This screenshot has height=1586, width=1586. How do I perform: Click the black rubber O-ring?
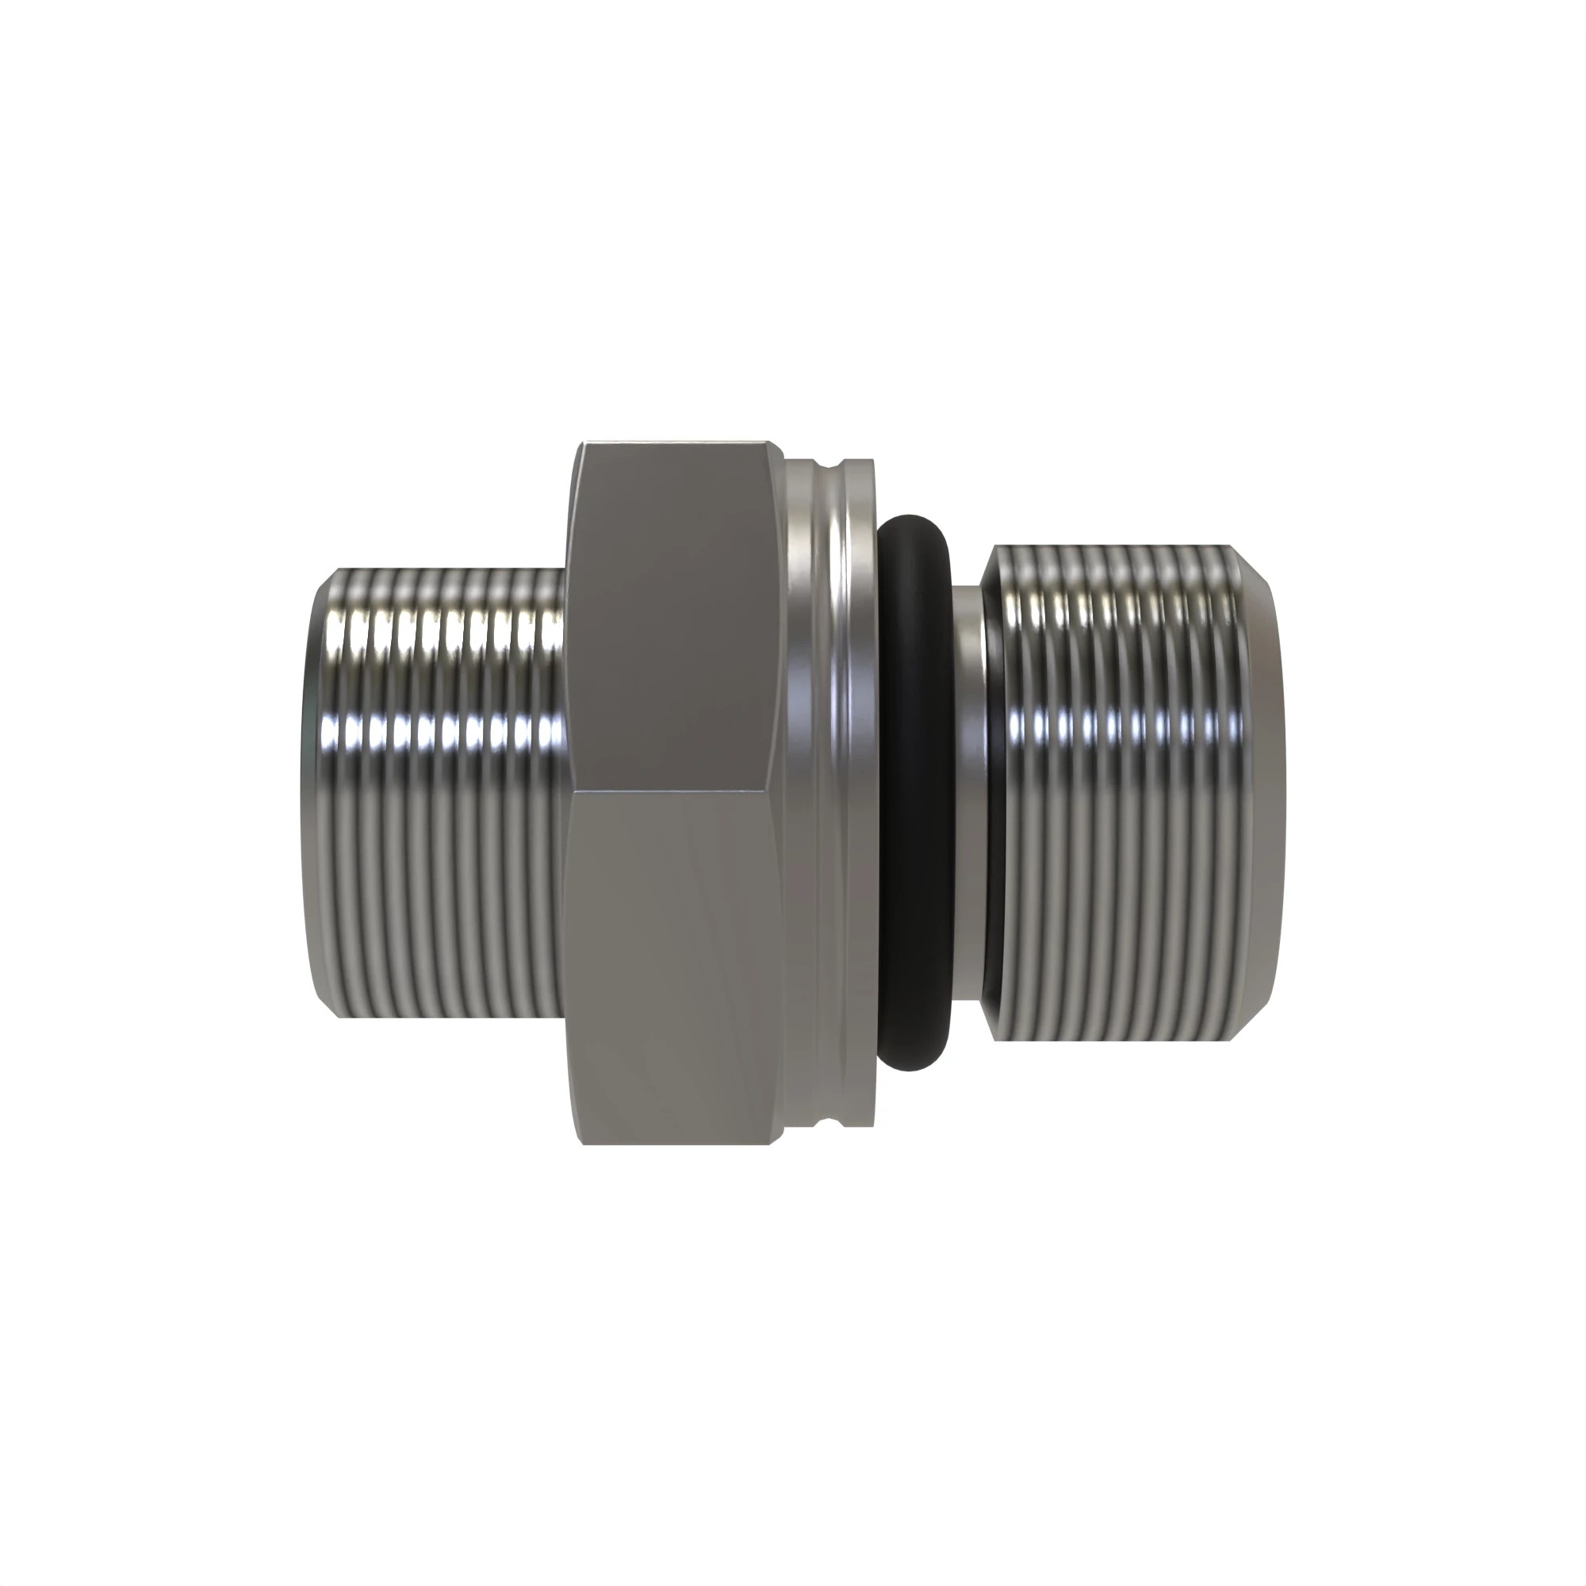913,792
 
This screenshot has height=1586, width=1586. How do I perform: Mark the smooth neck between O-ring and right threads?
972,792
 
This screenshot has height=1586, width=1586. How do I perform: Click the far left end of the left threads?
316,792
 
